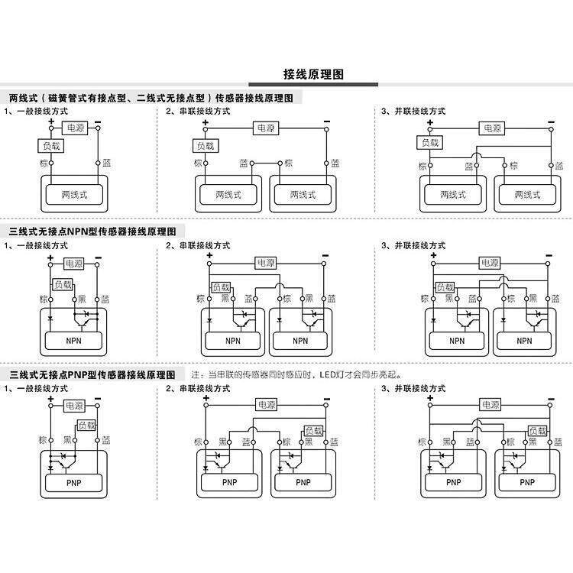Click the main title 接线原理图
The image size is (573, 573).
tap(313, 74)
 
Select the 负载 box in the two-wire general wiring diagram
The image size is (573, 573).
tap(50, 145)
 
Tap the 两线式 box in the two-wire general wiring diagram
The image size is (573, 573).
tap(74, 195)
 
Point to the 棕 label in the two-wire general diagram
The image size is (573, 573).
tap(43, 163)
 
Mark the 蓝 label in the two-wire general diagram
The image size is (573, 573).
tap(107, 163)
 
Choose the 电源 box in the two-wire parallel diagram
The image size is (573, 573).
tap(490, 128)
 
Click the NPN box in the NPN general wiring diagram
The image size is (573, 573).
tap(74, 341)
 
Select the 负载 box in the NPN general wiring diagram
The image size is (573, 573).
tap(63, 283)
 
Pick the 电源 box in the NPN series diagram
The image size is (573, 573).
tap(265, 263)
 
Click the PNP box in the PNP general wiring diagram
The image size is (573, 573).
tap(74, 482)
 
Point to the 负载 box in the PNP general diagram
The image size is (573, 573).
tap(86, 426)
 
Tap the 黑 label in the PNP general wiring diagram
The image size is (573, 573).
tap(69, 441)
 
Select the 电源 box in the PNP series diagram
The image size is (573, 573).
tap(265, 405)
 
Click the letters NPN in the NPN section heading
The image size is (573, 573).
tap(79, 231)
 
